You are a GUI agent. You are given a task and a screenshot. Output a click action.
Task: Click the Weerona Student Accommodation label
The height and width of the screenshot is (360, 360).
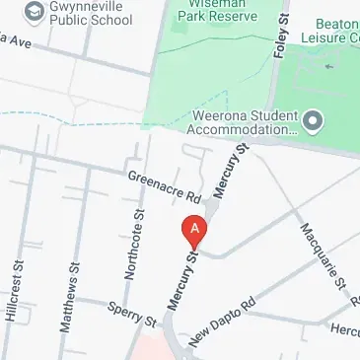(240, 121)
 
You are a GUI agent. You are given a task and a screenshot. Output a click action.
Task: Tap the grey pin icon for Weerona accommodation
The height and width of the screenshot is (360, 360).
(314, 120)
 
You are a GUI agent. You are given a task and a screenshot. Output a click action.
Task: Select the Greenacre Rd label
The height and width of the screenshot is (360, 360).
(158, 183)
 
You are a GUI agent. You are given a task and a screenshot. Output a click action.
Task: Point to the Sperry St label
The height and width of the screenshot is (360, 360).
(132, 316)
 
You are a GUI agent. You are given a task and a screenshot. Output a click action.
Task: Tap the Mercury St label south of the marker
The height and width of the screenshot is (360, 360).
(181, 281)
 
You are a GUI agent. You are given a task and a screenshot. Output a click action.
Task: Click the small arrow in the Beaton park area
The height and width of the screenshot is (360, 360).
(328, 66)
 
